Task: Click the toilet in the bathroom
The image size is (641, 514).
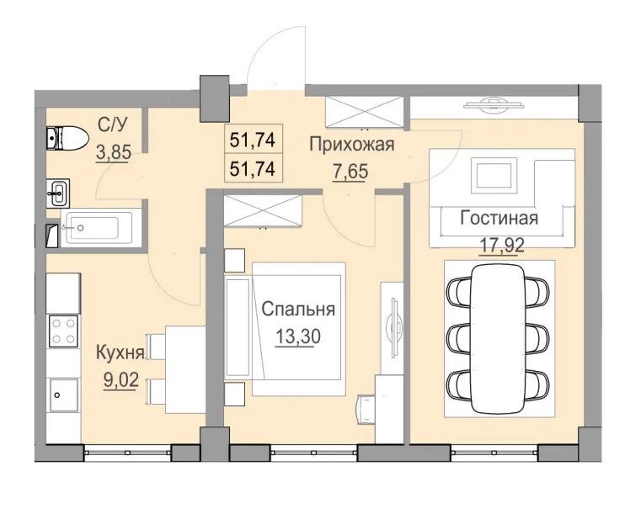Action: (x=66, y=136)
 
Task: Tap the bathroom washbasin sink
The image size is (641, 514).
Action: (x=57, y=192)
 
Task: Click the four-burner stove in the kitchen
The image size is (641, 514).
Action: (x=62, y=329)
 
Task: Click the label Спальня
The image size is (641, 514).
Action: (x=298, y=309)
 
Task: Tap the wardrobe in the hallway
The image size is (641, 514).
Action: (x=366, y=112)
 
